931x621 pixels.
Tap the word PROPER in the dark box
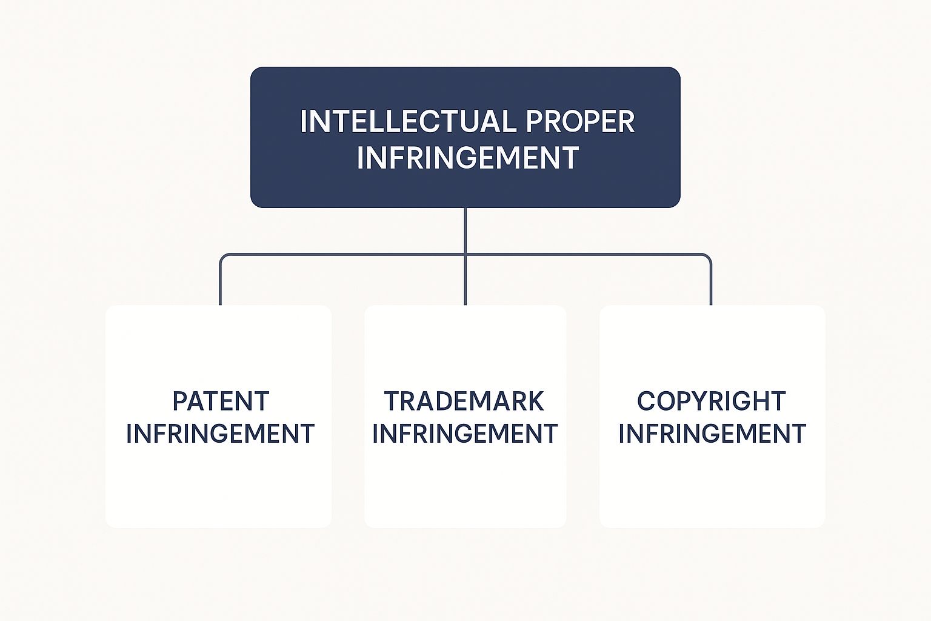(580, 121)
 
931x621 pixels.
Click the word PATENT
(221, 401)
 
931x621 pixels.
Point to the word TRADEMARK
(464, 401)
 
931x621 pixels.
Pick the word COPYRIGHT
(711, 401)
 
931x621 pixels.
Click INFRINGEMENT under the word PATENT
(220, 434)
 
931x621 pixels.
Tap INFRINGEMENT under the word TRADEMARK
(465, 434)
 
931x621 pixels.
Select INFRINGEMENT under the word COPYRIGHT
(712, 434)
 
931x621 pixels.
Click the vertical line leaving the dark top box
(465, 231)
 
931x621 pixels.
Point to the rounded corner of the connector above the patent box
(222, 257)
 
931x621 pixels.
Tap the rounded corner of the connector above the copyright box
(708, 257)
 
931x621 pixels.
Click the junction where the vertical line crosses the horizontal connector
(465, 254)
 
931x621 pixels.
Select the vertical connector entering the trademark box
(465, 280)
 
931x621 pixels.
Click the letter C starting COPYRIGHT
(646, 401)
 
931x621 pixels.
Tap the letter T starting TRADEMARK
(392, 401)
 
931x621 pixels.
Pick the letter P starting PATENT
(180, 401)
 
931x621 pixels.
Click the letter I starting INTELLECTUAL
(303, 121)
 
